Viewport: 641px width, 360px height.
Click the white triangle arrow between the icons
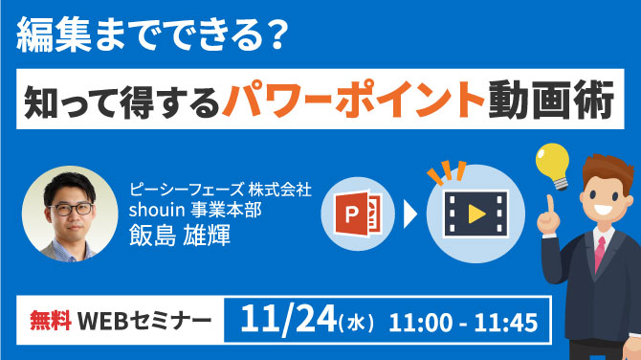pyautogui.click(x=409, y=213)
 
